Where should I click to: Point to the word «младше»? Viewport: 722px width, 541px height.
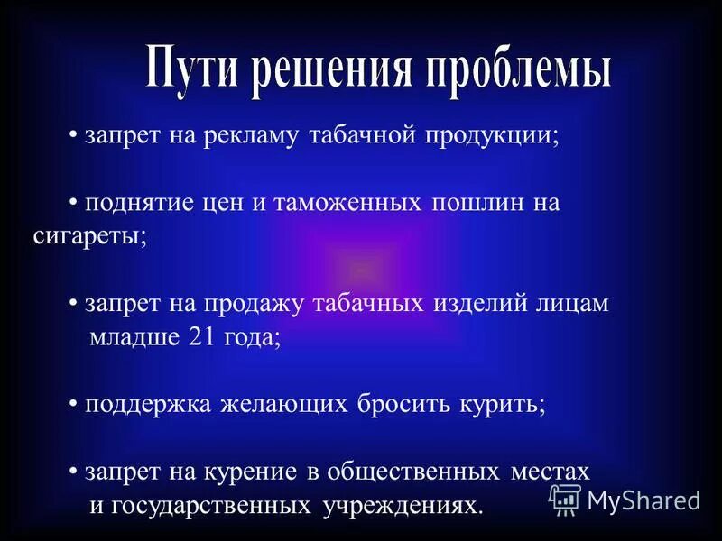pos(134,336)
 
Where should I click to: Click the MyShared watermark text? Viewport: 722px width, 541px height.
pos(643,499)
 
